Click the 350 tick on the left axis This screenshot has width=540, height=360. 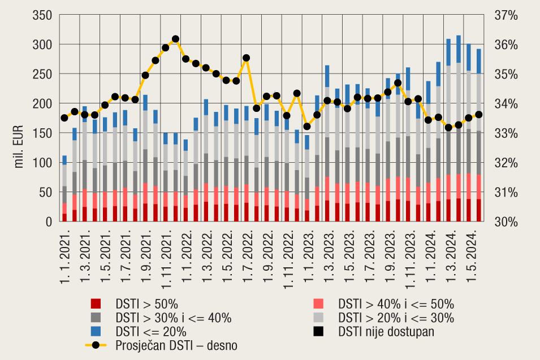(x=43, y=15)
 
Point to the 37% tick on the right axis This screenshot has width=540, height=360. (x=506, y=15)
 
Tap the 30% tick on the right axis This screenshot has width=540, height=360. (x=506, y=222)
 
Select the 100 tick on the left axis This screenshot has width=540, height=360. (x=43, y=163)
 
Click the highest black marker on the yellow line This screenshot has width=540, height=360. (x=175, y=39)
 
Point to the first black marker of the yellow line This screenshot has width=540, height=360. (x=64, y=118)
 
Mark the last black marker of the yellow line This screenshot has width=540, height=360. (x=479, y=114)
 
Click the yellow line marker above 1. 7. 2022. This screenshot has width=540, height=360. (x=246, y=58)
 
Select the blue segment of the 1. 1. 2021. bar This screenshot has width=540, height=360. (x=64, y=160)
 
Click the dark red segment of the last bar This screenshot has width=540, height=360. (x=479, y=210)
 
